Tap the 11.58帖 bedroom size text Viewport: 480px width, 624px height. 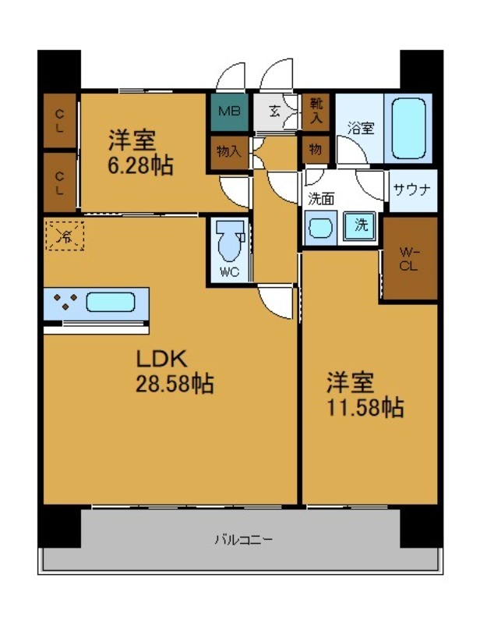click(364, 406)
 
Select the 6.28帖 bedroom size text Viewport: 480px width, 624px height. click(140, 165)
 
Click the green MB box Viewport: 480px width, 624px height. click(228, 112)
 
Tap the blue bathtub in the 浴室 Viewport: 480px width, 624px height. click(408, 128)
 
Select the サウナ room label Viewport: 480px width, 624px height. click(413, 189)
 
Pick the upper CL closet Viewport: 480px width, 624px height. click(60, 121)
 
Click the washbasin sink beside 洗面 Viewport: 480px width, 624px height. click(320, 228)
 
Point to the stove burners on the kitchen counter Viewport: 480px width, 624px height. click(64, 303)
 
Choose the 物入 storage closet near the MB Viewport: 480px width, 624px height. click(228, 151)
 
